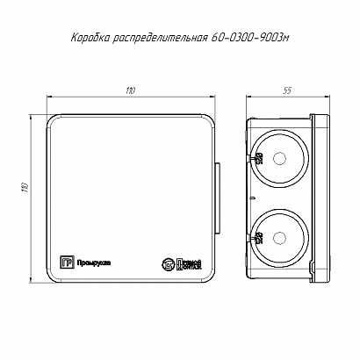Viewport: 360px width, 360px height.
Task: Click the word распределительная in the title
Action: (162, 38)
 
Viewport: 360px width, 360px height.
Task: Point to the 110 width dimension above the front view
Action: (130, 91)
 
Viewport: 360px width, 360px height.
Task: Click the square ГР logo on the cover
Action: (64, 260)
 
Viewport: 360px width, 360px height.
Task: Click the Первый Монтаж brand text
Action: (186, 263)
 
